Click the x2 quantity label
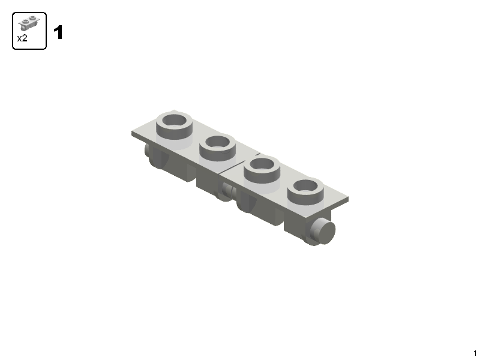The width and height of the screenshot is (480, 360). click(x=22, y=38)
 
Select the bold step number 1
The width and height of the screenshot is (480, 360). click(x=58, y=33)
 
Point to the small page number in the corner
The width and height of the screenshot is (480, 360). click(x=475, y=353)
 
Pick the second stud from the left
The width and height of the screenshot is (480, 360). click(x=218, y=148)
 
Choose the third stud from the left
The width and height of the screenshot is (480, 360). click(x=263, y=170)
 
